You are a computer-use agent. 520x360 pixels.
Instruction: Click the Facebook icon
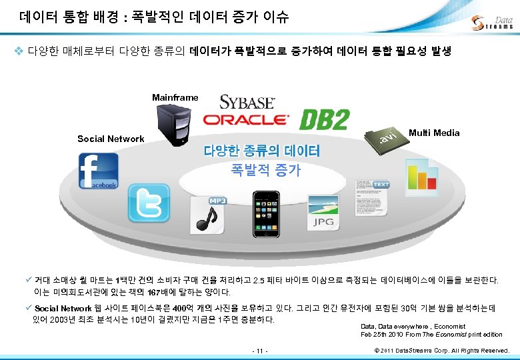pyautogui.click(x=98, y=171)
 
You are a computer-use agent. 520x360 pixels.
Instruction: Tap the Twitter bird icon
pyautogui.click(x=149, y=204)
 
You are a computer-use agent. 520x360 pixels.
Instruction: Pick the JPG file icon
pyautogui.click(x=324, y=214)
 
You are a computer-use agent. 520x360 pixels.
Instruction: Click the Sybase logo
pyautogui.click(x=247, y=102)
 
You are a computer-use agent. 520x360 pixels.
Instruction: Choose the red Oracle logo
pyautogui.click(x=246, y=120)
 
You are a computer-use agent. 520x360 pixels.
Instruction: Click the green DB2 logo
pyautogui.click(x=325, y=120)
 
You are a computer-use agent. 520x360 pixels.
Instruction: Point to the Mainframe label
pyautogui.click(x=175, y=97)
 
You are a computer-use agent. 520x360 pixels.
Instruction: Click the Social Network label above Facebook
pyautogui.click(x=111, y=139)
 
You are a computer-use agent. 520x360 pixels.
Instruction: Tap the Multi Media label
pyautogui.click(x=434, y=133)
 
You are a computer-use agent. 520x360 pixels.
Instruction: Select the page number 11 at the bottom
pyautogui.click(x=259, y=350)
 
